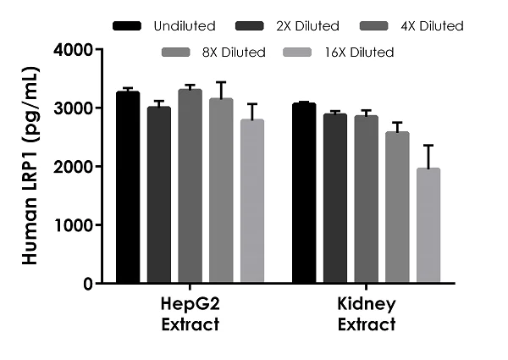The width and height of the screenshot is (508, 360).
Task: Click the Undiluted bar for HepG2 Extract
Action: [x=128, y=187]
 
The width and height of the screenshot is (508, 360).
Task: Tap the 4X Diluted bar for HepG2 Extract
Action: [x=190, y=186]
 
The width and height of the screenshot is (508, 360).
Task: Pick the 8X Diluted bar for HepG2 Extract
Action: [x=221, y=191]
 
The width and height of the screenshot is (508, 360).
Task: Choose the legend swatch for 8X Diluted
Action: [x=175, y=53]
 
